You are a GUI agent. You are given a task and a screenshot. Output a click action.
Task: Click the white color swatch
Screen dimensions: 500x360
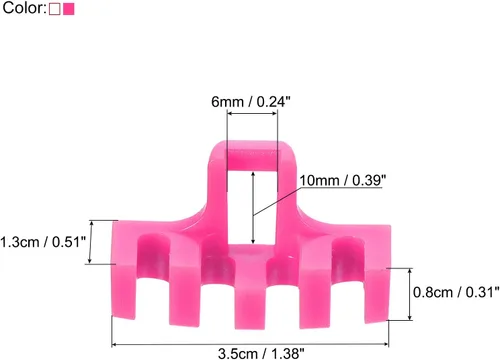pos(55,9)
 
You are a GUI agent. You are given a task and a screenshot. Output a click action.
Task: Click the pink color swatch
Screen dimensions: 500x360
pos(69,9)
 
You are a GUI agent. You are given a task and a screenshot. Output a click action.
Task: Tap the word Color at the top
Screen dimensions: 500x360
pos(23,8)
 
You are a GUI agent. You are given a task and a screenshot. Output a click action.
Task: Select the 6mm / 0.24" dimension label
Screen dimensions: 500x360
pos(251,102)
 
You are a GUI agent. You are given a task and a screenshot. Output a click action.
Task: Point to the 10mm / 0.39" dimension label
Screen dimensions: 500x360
pos(342,180)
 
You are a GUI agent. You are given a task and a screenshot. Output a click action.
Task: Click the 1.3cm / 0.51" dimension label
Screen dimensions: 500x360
pos(43,242)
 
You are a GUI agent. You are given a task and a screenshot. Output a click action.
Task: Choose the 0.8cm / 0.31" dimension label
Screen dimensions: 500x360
pos(456,292)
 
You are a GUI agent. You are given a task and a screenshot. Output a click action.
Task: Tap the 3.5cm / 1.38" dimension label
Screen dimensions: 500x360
pos(261,353)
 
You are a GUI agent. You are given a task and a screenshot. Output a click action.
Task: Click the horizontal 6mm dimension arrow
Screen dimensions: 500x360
pos(252,114)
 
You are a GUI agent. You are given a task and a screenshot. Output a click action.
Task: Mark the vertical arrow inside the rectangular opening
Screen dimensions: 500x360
pos(253,207)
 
